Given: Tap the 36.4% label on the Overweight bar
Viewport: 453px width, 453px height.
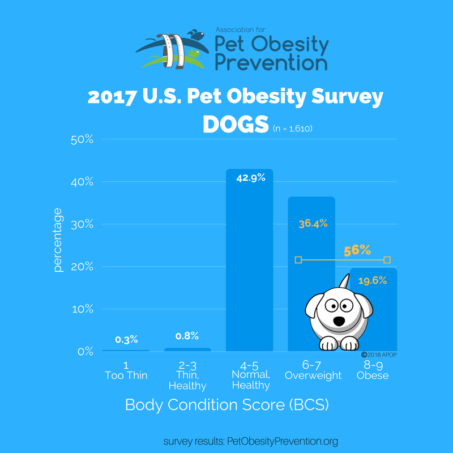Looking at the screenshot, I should click(313, 224).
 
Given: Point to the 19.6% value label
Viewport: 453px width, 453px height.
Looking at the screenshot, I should click(371, 280).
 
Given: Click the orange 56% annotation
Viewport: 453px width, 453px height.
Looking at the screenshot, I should click(357, 250).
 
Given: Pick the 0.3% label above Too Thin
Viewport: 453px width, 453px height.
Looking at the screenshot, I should click(125, 340).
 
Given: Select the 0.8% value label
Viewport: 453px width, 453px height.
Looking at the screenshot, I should click(186, 336).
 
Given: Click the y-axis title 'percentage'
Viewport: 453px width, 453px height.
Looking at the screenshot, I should click(58, 240).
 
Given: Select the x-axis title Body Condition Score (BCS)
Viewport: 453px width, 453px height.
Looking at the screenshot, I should click(226, 405).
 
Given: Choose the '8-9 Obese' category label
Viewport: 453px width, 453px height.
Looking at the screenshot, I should click(372, 370).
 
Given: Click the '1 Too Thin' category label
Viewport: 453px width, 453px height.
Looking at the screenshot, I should click(125, 370).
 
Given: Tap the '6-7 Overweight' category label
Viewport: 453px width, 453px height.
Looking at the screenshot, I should click(313, 370).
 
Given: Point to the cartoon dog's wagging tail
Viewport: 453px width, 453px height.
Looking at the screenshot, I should click(345, 281).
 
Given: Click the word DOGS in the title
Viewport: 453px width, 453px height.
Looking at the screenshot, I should click(235, 126).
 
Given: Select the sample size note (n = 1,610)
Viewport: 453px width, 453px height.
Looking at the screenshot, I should click(292, 129).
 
